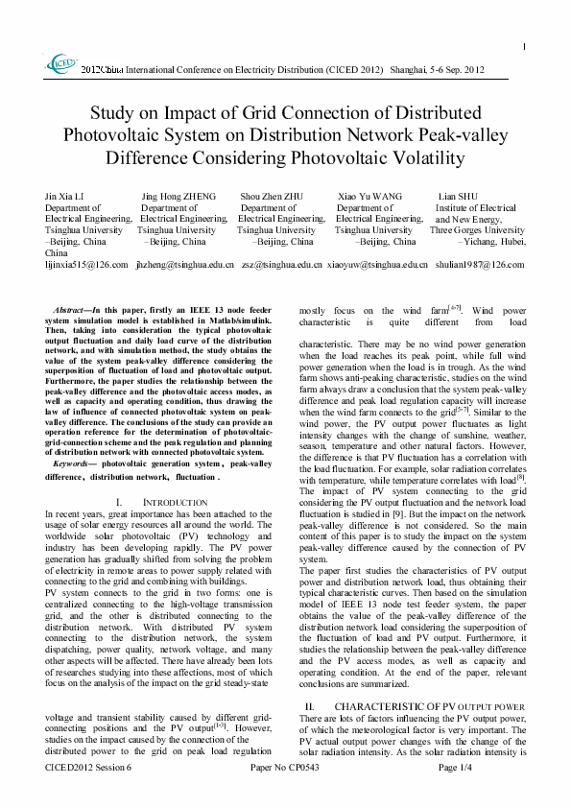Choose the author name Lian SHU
458,196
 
